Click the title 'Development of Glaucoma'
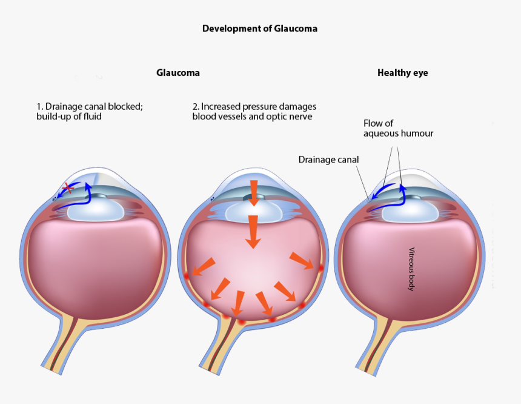coord(259,29)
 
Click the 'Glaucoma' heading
coord(178,73)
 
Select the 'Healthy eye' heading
coord(402,73)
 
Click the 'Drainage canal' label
coord(328,160)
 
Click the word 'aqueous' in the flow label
coord(382,133)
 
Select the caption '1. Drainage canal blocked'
coord(89,106)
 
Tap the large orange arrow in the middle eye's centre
coord(253,231)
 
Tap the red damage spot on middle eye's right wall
coord(320,267)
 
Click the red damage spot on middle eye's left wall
coord(187,275)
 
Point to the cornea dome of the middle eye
coord(253,177)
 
